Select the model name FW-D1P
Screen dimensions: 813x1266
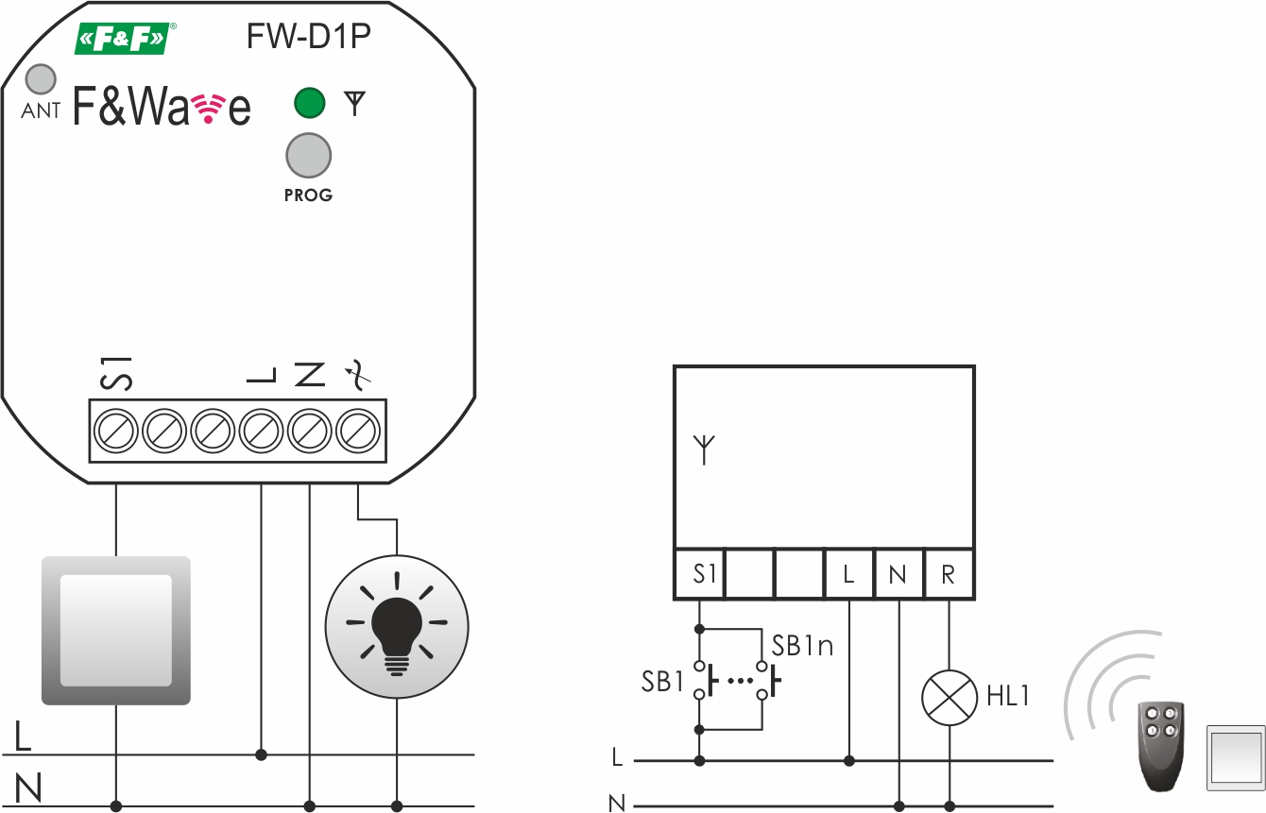pyautogui.click(x=308, y=37)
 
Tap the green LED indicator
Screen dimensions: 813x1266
pyautogui.click(x=309, y=102)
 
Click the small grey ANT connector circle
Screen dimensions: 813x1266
pyautogui.click(x=40, y=79)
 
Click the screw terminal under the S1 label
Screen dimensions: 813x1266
pyautogui.click(x=115, y=432)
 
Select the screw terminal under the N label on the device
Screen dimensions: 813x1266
pyautogui.click(x=310, y=432)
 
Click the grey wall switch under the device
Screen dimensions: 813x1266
pyautogui.click(x=116, y=630)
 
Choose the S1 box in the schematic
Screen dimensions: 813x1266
pyautogui.click(x=700, y=573)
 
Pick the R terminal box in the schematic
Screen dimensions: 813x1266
pyautogui.click(x=949, y=573)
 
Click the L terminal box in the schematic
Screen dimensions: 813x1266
pyautogui.click(x=848, y=573)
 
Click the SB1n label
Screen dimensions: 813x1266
pyautogui.click(x=803, y=647)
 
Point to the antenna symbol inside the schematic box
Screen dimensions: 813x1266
pyautogui.click(x=704, y=449)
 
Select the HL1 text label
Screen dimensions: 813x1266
pyautogui.click(x=1007, y=697)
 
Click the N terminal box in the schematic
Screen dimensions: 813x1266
pyautogui.click(x=898, y=573)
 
